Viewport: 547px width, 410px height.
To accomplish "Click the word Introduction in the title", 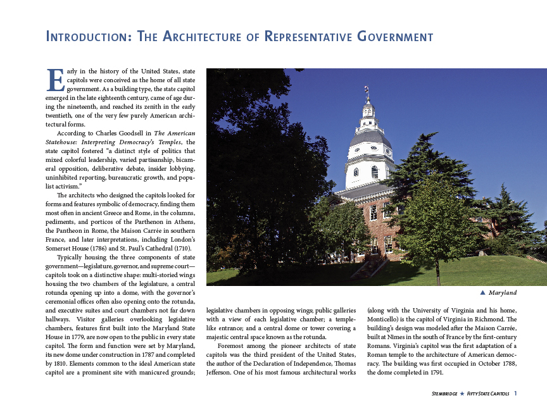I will pos(85,37).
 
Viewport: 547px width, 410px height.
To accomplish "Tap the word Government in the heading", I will pos(394,37).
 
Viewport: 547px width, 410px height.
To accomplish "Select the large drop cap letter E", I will pos(56,80).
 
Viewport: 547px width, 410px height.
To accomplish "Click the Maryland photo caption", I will pos(503,293).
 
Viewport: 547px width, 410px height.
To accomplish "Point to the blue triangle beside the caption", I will pos(482,292).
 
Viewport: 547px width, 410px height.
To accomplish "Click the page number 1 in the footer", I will pos(516,394).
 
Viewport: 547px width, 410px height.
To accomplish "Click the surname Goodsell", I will pos(132,134).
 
